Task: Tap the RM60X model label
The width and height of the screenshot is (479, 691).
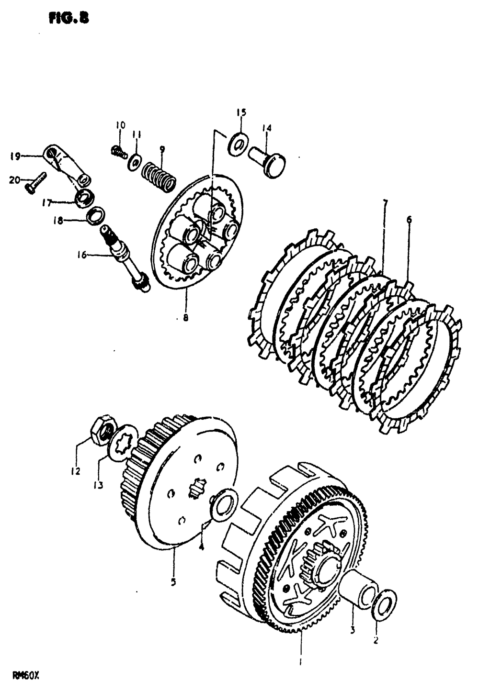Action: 25,676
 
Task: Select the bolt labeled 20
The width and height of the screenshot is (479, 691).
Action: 35,183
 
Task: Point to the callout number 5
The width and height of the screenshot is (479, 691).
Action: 173,582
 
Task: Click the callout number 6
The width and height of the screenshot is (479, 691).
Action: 409,220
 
